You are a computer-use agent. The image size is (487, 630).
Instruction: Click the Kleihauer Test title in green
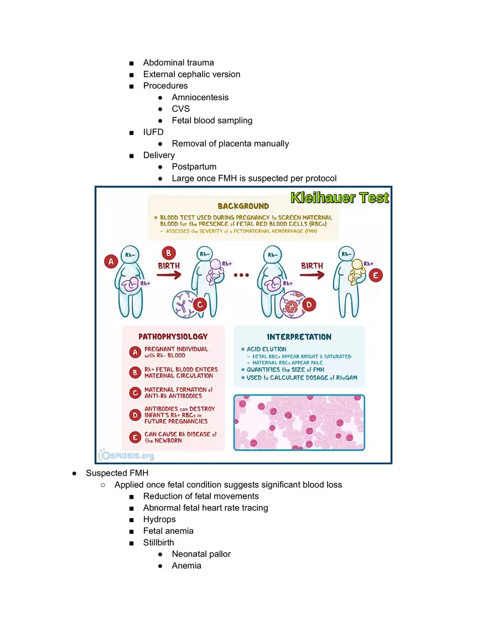point(339,198)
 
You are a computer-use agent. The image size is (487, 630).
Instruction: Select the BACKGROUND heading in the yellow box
point(243,206)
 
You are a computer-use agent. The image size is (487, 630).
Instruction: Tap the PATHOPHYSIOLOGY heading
point(173,336)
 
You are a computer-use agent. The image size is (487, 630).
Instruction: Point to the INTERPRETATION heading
point(299,336)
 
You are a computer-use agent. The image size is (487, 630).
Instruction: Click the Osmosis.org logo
point(127,455)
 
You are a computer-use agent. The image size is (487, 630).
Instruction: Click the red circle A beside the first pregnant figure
point(112,262)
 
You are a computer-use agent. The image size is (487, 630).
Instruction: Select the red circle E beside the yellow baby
point(376,275)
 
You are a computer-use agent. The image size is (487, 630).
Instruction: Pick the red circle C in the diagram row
point(200,304)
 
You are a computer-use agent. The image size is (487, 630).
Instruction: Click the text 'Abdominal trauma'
point(178,63)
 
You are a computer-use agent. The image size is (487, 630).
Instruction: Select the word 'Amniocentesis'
point(200,97)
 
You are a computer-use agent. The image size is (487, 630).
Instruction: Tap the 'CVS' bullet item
point(180,109)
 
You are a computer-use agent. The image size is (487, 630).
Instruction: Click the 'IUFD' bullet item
point(153,132)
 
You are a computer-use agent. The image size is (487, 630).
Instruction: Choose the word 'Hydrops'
point(159,519)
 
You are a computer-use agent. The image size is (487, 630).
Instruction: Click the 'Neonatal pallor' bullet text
point(201,554)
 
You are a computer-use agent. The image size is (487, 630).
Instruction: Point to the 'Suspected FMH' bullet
point(117,473)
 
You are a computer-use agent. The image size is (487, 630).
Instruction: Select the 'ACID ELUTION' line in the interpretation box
point(267,350)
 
